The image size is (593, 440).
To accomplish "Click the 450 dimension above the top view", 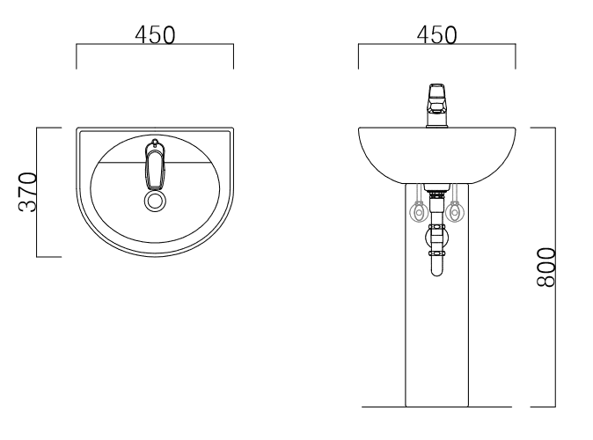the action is (x=155, y=35).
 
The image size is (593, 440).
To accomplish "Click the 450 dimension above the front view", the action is (x=436, y=35).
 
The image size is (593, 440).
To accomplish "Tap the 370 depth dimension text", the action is (x=28, y=192).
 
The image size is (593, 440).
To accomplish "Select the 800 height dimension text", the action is (x=546, y=268).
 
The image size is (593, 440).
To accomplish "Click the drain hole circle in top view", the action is (x=155, y=201).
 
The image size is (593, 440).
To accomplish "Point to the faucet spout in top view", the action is (x=155, y=169).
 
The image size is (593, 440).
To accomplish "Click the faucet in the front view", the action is (x=436, y=106).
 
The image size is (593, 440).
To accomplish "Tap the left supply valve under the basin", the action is (x=419, y=212).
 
